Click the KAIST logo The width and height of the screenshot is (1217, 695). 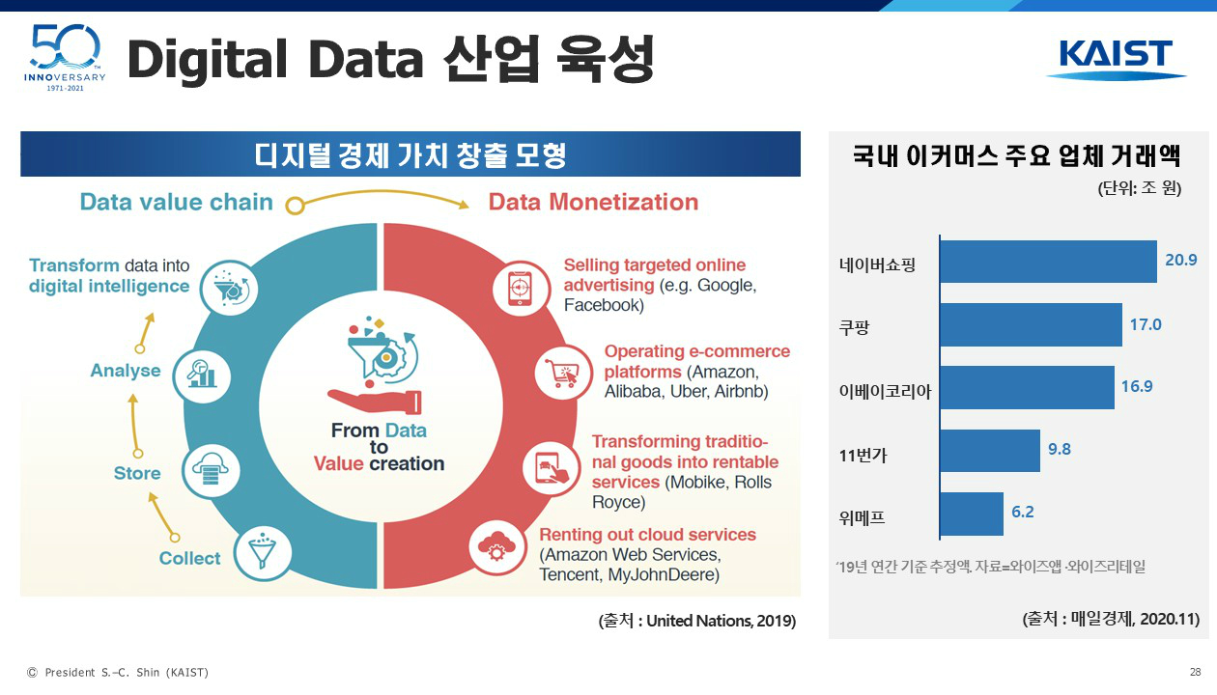coord(1116,60)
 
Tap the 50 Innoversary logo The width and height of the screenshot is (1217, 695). coord(66,58)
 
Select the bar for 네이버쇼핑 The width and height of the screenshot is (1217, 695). coord(1049,262)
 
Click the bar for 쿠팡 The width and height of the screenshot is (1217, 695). coord(1032,324)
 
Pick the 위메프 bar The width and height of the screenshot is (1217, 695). coord(972,514)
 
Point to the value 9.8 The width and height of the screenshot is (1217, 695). coord(1060,449)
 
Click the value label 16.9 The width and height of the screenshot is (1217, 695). coord(1137,386)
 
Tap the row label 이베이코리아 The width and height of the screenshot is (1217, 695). coord(885,391)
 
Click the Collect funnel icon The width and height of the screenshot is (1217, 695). coord(263,553)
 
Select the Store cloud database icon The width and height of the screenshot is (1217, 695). coord(211,470)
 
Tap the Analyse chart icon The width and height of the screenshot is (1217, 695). coord(202,376)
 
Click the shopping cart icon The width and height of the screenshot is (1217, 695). coord(563,373)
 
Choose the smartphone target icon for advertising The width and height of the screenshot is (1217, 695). coord(521,288)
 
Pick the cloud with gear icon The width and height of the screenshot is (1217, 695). coord(496,547)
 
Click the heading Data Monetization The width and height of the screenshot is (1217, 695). coord(593,202)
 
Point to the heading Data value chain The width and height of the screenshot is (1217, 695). coord(176,202)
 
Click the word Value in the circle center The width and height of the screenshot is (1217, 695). coord(338,463)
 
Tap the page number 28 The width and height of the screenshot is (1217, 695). coord(1196,672)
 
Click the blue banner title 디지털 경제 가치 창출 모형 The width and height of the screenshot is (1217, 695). coord(410,154)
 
